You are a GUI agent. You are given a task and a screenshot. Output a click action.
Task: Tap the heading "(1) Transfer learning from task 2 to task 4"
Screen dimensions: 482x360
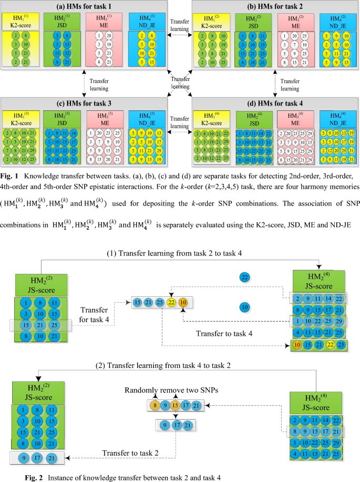point(174,253)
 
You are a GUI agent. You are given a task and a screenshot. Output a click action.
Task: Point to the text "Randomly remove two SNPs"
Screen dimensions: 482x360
point(172,391)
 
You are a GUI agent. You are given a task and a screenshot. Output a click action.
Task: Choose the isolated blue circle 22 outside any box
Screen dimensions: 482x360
point(244,277)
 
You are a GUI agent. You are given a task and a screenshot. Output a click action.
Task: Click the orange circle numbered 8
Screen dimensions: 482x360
point(153,406)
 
